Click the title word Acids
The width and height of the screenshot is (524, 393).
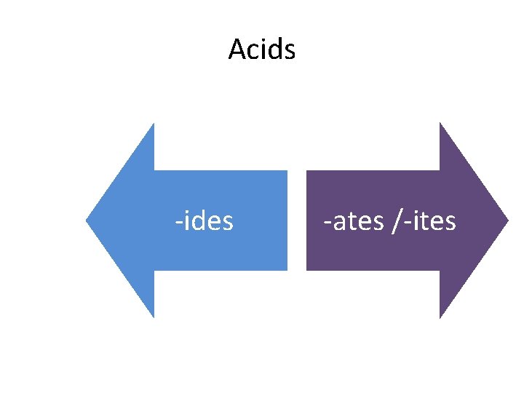pyautogui.click(x=261, y=49)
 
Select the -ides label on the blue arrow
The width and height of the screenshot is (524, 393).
pyautogui.click(x=204, y=220)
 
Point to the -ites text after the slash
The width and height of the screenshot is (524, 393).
pyautogui.click(x=429, y=220)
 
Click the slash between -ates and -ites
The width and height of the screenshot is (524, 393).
pyautogui.click(x=394, y=220)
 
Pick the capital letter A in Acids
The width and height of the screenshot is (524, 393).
pyautogui.click(x=237, y=49)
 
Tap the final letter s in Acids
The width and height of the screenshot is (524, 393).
pyautogui.click(x=290, y=51)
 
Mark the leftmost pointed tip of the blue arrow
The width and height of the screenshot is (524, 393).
pyautogui.click(x=87, y=220)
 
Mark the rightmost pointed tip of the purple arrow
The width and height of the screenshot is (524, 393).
pyautogui.click(x=508, y=220)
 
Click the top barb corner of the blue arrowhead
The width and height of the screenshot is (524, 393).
pyautogui.click(x=154, y=124)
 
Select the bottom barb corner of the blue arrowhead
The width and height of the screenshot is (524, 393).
pyautogui.click(x=154, y=317)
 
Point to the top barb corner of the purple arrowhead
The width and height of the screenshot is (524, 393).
pyautogui.click(x=440, y=124)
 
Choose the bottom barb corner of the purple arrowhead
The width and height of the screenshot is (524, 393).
pyautogui.click(x=440, y=317)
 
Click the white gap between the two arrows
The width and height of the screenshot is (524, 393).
pyautogui.click(x=297, y=220)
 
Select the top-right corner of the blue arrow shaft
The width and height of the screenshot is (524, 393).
pyautogui.click(x=287, y=172)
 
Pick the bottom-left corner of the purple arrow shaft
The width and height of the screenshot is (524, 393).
pyautogui.click(x=307, y=269)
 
